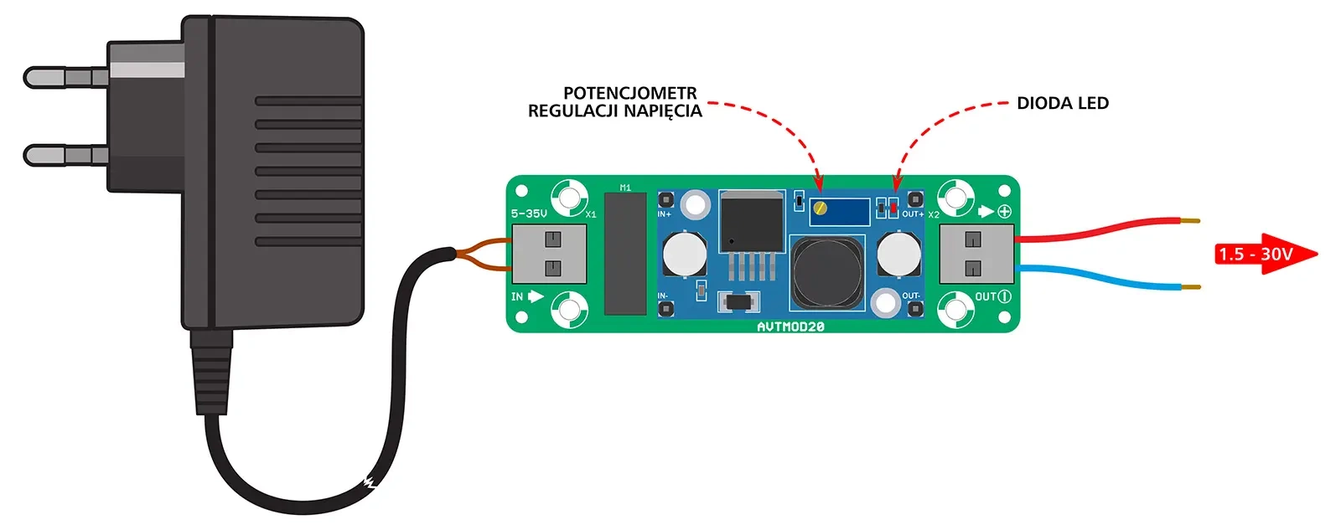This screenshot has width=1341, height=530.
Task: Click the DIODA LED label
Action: point(1062,103)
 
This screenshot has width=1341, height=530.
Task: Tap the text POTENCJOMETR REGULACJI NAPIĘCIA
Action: point(616,102)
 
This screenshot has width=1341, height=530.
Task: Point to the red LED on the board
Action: point(893,206)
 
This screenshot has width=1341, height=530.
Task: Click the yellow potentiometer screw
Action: point(823,207)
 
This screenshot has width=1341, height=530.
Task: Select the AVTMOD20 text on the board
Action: point(790,327)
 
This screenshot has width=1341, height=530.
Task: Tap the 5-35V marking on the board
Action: point(529,214)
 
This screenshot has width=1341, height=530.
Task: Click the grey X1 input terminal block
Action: point(549,254)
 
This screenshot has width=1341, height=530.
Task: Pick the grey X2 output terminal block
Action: point(976,254)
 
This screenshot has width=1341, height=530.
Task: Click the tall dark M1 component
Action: point(625,253)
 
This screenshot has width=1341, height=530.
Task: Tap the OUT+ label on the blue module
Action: point(913,214)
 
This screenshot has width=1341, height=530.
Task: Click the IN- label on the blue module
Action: point(663,296)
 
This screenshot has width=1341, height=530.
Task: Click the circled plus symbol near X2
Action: point(1004,211)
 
